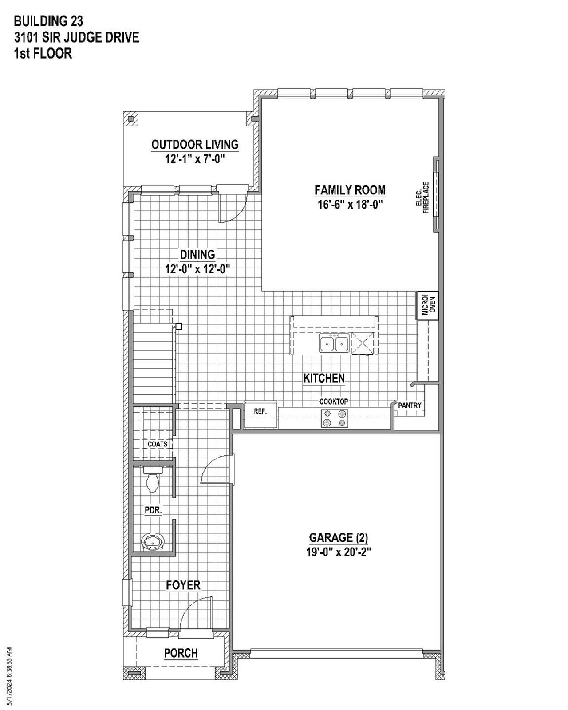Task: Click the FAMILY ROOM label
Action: (x=350, y=190)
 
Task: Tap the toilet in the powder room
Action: (x=152, y=481)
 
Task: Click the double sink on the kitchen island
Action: (x=334, y=343)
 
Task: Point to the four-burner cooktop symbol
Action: (x=335, y=418)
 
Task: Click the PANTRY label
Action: (x=410, y=406)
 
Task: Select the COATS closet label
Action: (x=158, y=444)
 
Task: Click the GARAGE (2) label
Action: (x=339, y=538)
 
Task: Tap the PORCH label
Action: (x=181, y=653)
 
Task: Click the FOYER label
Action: (x=183, y=585)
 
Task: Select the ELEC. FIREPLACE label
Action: (x=422, y=198)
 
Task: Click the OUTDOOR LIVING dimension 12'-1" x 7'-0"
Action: (x=195, y=159)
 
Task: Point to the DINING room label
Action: (x=197, y=255)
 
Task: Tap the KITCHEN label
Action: (x=324, y=378)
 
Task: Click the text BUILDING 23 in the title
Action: (x=48, y=20)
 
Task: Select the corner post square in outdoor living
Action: (x=130, y=119)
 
